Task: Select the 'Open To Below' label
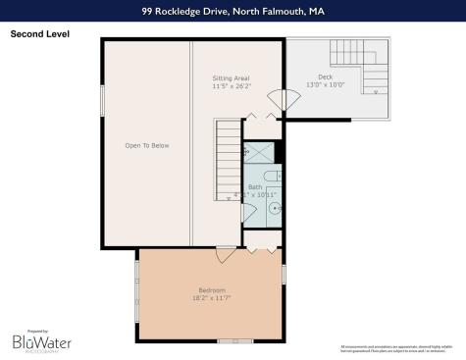(x=147, y=145)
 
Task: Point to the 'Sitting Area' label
(x=233, y=77)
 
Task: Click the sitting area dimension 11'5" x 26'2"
(x=233, y=85)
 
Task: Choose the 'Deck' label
(x=325, y=77)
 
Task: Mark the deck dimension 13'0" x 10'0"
(x=325, y=85)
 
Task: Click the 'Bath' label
(x=254, y=185)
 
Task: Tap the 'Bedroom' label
(x=212, y=289)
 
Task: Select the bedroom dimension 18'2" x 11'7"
(x=212, y=297)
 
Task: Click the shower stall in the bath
(x=259, y=151)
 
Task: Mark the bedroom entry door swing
(x=227, y=254)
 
